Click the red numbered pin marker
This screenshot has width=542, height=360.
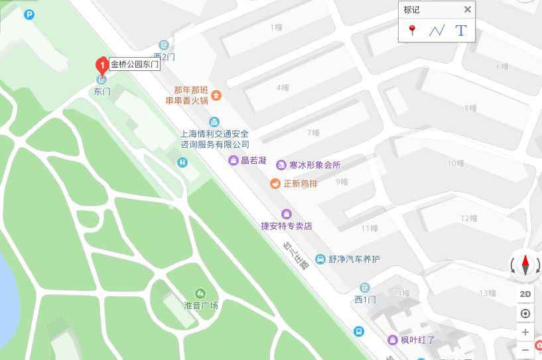(102, 64)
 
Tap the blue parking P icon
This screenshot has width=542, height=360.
(29, 14)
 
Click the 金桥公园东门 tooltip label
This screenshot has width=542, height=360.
(135, 64)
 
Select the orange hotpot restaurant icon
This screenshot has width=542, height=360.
(217, 95)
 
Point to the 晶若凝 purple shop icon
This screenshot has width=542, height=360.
(234, 160)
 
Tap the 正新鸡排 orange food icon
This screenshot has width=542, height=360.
(275, 183)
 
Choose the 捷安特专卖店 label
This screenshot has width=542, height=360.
(286, 226)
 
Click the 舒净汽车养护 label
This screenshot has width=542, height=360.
(354, 259)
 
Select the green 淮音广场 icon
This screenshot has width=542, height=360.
(200, 293)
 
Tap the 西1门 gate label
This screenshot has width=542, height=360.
(365, 300)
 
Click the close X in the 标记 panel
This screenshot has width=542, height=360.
(467, 9)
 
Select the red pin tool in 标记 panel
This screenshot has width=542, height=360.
(412, 30)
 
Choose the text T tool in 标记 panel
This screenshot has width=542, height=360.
(460, 30)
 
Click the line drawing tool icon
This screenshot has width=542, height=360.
(436, 30)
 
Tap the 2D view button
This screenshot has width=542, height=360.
(525, 294)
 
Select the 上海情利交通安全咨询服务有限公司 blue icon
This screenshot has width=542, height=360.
(214, 121)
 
